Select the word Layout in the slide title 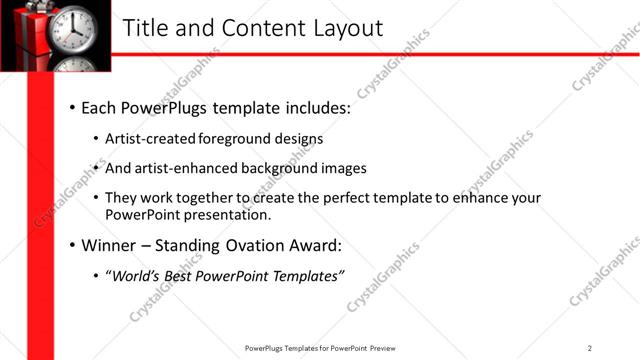coord(344,28)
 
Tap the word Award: coord(316,245)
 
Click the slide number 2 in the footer coord(590,348)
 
